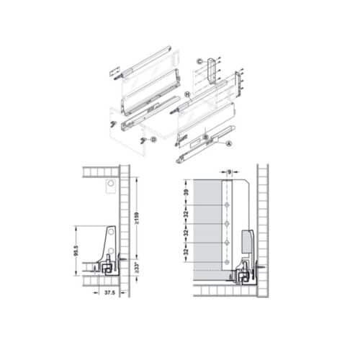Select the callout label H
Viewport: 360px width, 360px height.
pyautogui.click(x=186, y=94)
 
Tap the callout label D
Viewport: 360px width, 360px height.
pyautogui.click(x=144, y=138)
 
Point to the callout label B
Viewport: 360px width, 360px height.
pyautogui.click(x=206, y=136)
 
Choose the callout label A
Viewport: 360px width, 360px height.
pyautogui.click(x=229, y=143)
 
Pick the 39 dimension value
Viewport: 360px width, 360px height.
pyautogui.click(x=185, y=194)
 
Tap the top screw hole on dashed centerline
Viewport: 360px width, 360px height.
pyautogui.click(x=228, y=206)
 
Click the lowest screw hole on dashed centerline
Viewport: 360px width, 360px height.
pyautogui.click(x=228, y=261)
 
